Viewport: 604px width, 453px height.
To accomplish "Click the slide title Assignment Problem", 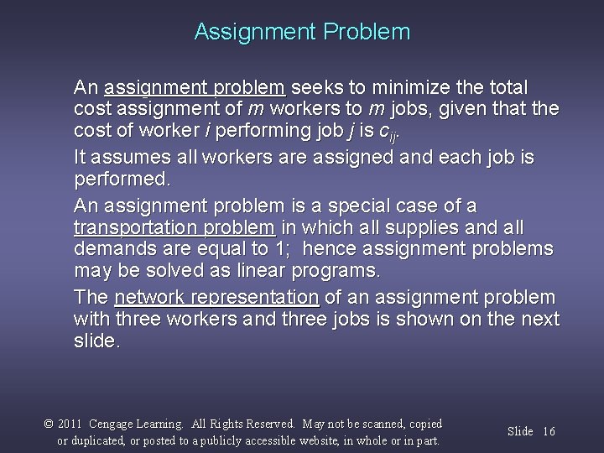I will point(302,32).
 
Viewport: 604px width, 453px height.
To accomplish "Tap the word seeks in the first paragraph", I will point(314,87).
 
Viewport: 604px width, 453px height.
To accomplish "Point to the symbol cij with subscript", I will point(388,132).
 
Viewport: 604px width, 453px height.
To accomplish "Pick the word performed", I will point(122,180).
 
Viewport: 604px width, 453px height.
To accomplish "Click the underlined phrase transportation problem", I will point(174,227).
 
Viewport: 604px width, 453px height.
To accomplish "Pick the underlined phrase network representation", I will point(216,297).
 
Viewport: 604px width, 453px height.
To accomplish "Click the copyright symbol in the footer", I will point(49,424).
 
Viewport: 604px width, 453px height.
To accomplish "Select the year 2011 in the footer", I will point(70,424).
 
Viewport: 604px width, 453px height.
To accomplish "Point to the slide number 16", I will point(549,431).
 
